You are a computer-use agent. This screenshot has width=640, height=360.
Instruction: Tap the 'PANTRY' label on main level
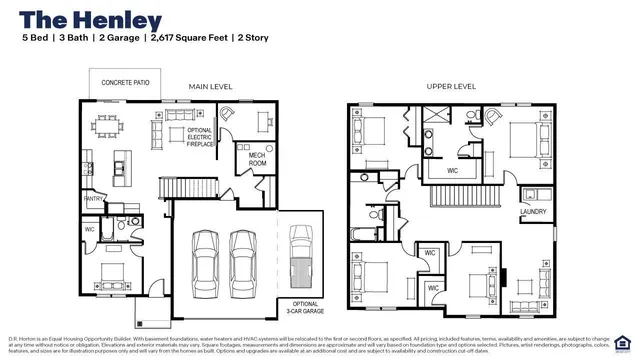[94, 199]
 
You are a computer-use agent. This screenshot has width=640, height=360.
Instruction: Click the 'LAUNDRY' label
[532, 212]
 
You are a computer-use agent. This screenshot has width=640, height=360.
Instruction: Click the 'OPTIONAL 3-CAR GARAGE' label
[305, 307]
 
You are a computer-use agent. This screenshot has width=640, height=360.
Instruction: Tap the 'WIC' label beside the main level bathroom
[90, 229]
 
